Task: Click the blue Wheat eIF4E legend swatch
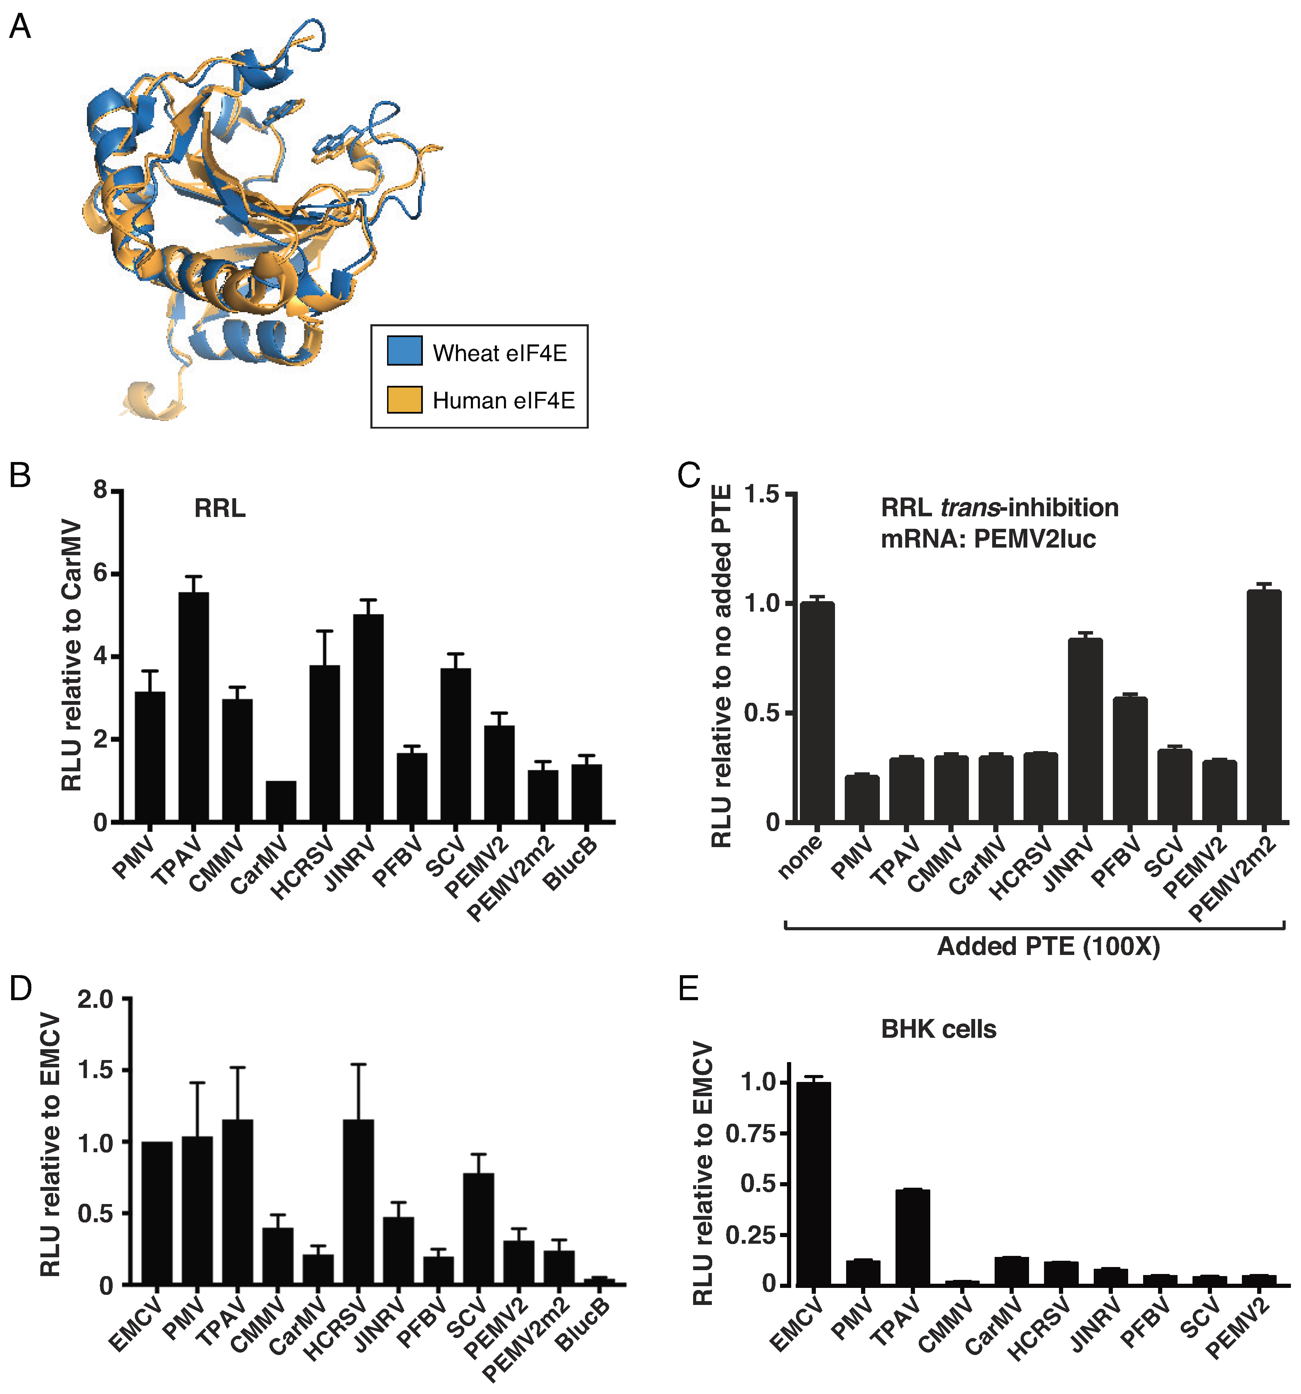[404, 351]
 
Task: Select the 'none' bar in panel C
[817, 712]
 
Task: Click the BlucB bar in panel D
[599, 1283]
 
